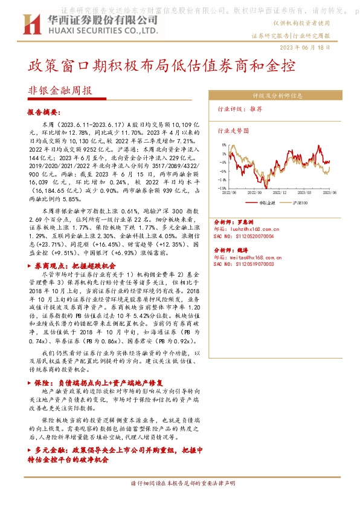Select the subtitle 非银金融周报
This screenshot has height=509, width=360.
60,91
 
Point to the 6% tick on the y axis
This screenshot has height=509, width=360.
223,145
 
